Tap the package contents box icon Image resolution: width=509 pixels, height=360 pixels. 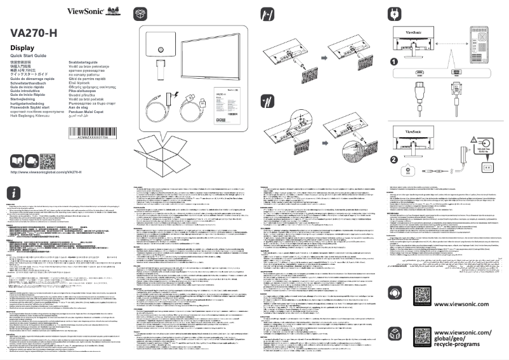tap(142, 13)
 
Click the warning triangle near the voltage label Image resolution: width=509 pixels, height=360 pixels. tap(473, 140)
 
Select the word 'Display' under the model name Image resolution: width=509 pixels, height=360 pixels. tap(22, 48)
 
